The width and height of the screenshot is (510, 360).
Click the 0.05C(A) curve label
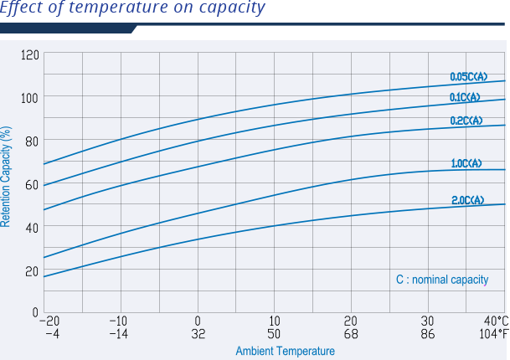point(468,77)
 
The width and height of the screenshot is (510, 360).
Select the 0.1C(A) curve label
point(465,98)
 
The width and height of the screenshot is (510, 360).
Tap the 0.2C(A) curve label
point(466,121)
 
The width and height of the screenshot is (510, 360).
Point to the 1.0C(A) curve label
point(466,164)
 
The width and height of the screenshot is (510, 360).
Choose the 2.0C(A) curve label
point(467,200)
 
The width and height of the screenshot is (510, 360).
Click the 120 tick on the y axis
point(30,55)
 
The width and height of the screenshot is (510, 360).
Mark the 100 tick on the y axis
point(30,97)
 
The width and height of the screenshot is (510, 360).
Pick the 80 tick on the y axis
point(33,141)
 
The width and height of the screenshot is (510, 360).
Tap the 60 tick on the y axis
point(33,184)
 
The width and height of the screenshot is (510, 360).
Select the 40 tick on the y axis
point(33,228)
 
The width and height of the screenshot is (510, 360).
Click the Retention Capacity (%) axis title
point(7,177)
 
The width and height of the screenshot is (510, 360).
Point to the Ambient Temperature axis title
point(285,352)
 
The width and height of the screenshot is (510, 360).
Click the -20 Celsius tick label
point(49,321)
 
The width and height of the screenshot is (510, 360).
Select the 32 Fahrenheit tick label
point(198,334)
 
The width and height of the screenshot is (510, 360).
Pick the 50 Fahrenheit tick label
point(275,334)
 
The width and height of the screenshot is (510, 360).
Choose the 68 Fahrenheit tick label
point(351,334)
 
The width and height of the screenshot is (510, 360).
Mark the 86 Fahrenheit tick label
point(427,334)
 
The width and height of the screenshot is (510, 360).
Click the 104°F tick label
point(494,334)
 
